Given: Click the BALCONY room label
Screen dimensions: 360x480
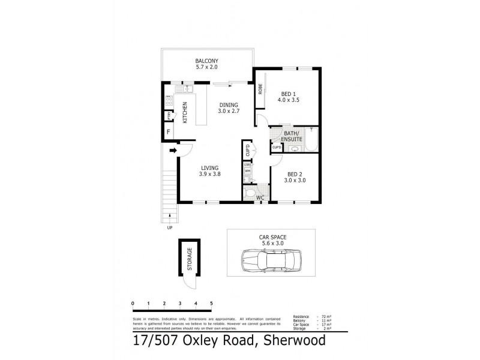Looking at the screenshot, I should pyautogui.click(x=206, y=61).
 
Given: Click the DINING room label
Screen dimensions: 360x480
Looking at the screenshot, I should pyautogui.click(x=228, y=103).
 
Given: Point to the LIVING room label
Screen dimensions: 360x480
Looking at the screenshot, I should pyautogui.click(x=209, y=168).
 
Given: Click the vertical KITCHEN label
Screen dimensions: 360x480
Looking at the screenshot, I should pyautogui.click(x=185, y=112).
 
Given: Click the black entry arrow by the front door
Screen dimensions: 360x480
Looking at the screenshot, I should pyautogui.click(x=173, y=151).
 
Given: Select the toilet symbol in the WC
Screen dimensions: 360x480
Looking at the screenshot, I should pyautogui.click(x=249, y=193).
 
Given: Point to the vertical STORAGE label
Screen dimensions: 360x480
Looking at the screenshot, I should pyautogui.click(x=189, y=259).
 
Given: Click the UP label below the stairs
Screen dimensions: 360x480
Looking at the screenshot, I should pyautogui.click(x=170, y=227).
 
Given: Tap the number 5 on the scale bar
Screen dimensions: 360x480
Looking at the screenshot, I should pyautogui.click(x=211, y=303).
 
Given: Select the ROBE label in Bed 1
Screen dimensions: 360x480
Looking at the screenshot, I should pyautogui.click(x=260, y=89).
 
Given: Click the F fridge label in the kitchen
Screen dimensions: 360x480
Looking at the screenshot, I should pyautogui.click(x=169, y=131).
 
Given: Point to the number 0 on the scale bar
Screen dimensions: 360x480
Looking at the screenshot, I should pyautogui.click(x=133, y=303).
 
